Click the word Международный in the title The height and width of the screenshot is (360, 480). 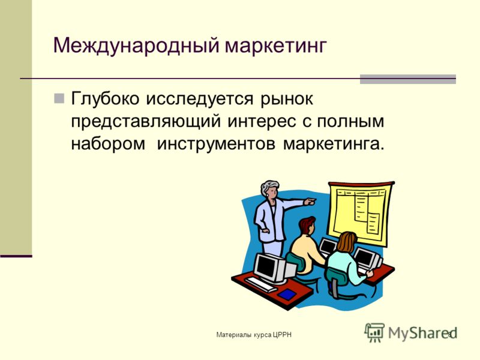pyautogui.click(x=136, y=46)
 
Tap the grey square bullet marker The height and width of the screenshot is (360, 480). pyautogui.click(x=59, y=98)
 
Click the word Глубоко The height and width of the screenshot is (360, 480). pyautogui.click(x=106, y=99)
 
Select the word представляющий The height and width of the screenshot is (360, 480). pyautogui.click(x=146, y=121)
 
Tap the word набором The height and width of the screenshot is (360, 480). pyautogui.click(x=109, y=144)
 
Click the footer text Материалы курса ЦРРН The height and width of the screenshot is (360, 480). pyautogui.click(x=254, y=335)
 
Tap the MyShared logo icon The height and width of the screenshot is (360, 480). pyautogui.click(x=374, y=332)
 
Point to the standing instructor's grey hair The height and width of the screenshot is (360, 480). pyautogui.click(x=269, y=186)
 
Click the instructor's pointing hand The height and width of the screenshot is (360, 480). pyautogui.click(x=310, y=202)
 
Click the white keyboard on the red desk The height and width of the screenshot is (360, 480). pyautogui.click(x=261, y=284)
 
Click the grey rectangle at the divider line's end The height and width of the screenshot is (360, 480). pyautogui.click(x=408, y=79)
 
